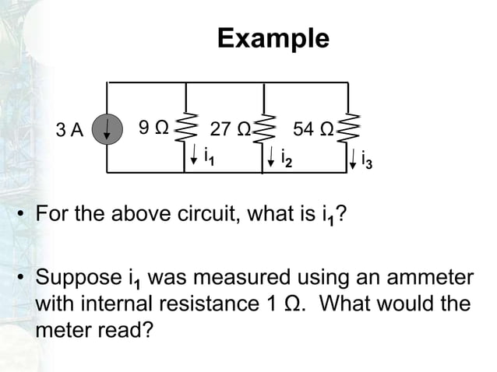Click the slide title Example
(273, 38)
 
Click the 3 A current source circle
(107, 128)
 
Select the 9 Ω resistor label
(153, 127)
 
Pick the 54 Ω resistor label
(313, 129)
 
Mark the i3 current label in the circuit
(367, 161)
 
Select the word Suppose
(79, 278)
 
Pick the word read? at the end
(125, 329)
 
